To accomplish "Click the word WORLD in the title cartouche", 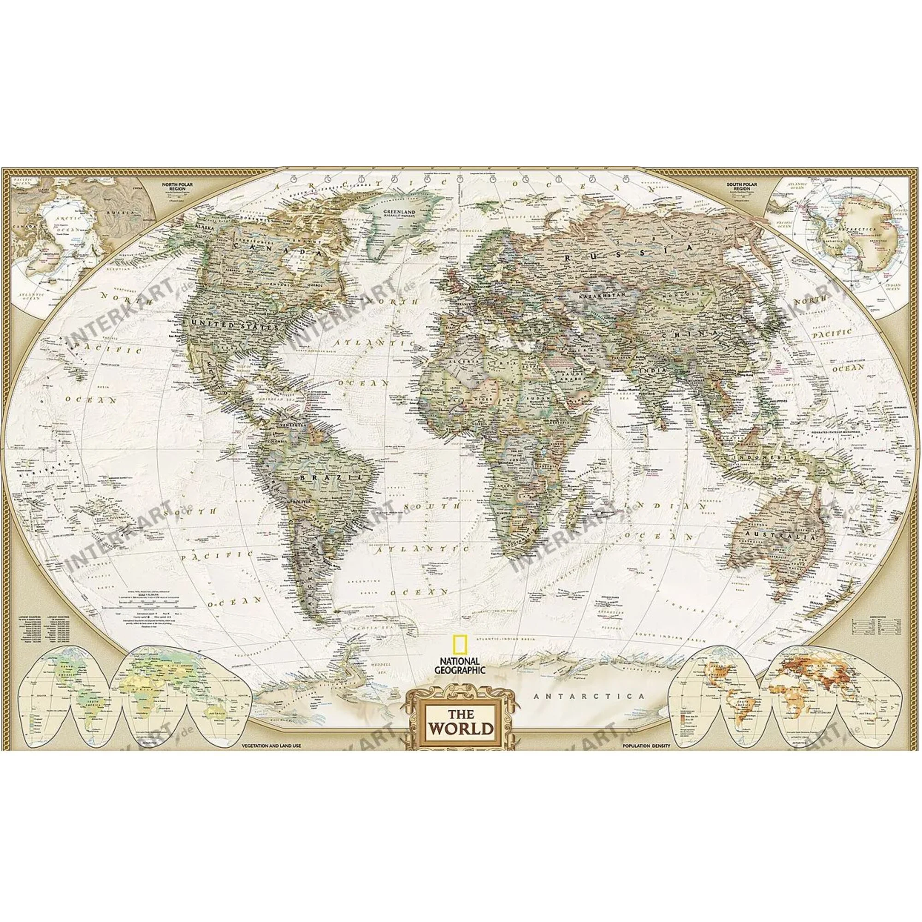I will [461, 729].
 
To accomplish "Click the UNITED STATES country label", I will [234, 326].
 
